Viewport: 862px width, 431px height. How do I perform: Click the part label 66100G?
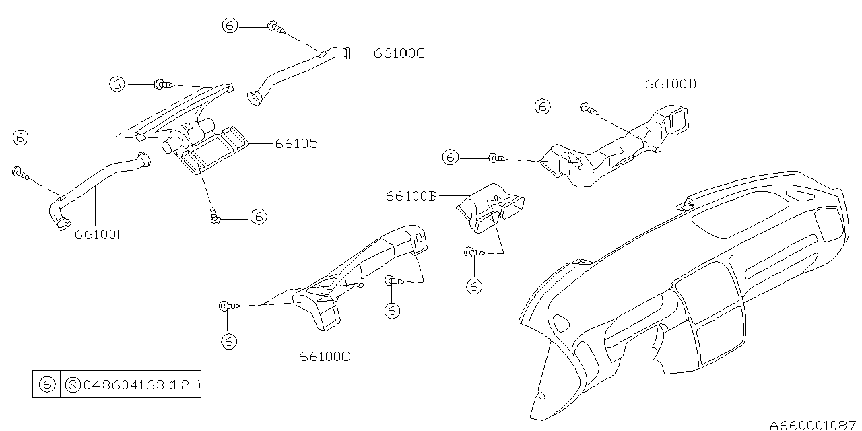[399, 53]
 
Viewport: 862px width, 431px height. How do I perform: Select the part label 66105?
[296, 144]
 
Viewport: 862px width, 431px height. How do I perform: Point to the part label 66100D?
[670, 84]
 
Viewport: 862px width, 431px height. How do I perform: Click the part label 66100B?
[411, 196]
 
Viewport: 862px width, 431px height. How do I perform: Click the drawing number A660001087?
[813, 425]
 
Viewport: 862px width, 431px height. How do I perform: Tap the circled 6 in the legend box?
[46, 386]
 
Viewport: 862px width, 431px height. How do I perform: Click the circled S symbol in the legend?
[73, 386]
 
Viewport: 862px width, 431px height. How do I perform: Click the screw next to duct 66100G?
[275, 27]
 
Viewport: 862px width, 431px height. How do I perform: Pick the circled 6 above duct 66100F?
[20, 139]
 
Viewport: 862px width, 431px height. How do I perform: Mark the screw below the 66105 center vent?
[215, 217]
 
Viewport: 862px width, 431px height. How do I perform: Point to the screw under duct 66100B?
[470, 253]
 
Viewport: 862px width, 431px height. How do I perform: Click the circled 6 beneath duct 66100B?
[474, 286]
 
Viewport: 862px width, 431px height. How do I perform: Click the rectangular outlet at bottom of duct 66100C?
[329, 317]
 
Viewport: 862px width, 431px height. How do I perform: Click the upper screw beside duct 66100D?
[587, 107]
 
